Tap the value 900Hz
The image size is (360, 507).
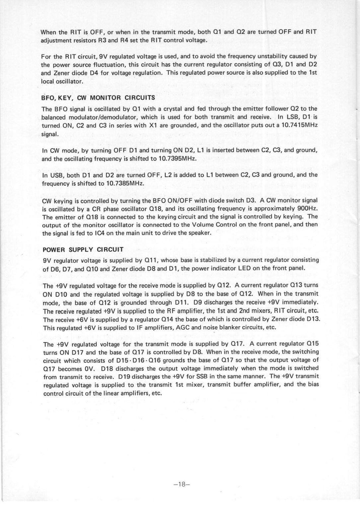point(307,209)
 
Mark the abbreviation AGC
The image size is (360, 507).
point(180,328)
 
